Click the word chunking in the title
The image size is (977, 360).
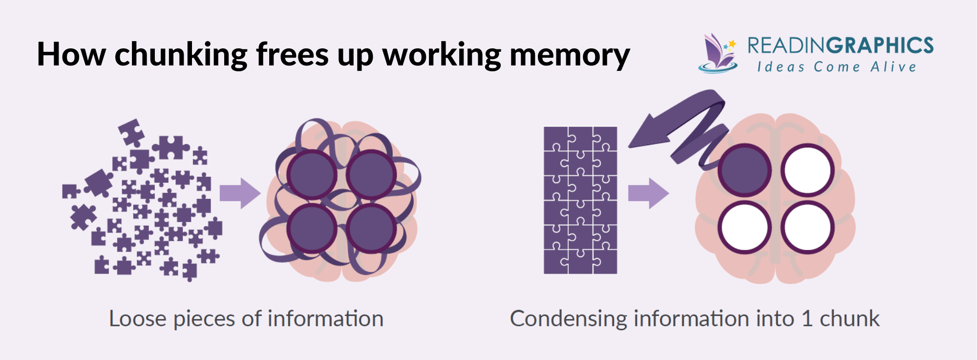(181, 55)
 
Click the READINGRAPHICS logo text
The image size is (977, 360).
(840, 45)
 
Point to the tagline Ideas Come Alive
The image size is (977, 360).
(837, 67)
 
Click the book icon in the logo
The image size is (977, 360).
(717, 54)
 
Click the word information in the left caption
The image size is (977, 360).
(325, 319)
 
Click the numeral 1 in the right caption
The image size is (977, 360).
(807, 319)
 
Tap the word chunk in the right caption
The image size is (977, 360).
(850, 319)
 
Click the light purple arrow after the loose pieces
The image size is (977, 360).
(240, 193)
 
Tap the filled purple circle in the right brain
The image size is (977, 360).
(744, 170)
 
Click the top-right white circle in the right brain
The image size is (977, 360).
(807, 170)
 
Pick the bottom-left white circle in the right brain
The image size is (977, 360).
(744, 228)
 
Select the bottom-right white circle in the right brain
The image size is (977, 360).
(807, 228)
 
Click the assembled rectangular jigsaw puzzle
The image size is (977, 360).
(580, 200)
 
